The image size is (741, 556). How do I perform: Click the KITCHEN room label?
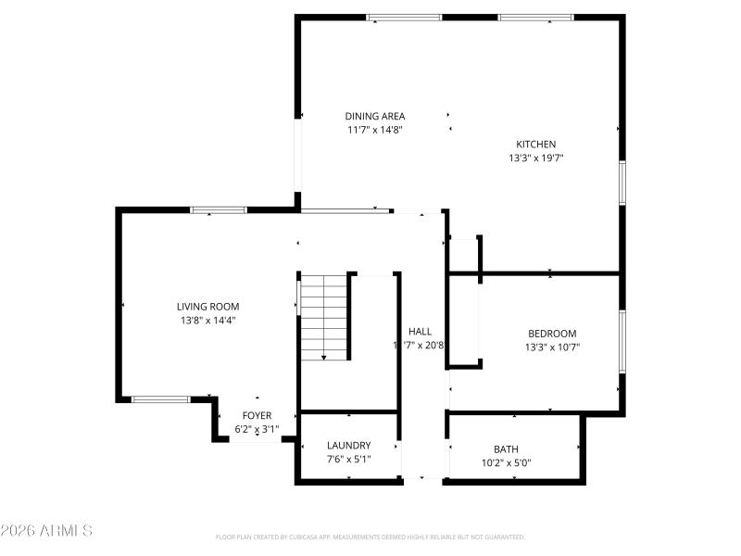(535, 144)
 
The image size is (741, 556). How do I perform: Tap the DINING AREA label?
(375, 116)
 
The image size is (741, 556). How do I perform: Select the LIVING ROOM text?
(208, 306)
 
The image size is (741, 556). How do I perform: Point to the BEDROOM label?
(552, 334)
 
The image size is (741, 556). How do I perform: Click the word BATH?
(506, 449)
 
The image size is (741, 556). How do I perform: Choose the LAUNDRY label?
(348, 445)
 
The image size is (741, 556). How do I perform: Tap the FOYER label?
(257, 415)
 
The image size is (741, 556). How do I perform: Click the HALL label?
(420, 331)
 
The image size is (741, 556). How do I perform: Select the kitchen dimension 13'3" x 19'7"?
(535, 158)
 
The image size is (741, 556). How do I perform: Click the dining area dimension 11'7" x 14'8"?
(375, 130)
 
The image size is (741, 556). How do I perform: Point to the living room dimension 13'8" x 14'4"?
(208, 321)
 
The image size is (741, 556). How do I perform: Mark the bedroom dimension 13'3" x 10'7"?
(552, 347)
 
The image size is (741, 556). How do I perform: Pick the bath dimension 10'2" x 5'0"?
(506, 462)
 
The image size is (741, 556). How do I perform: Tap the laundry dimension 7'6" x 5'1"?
(348, 459)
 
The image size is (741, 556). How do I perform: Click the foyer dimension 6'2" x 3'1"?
(257, 429)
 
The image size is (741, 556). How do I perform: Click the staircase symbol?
(323, 315)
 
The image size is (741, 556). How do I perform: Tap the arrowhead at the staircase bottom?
(323, 357)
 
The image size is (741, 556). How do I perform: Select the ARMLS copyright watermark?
(46, 531)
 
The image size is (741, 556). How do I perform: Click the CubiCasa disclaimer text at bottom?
(370, 537)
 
